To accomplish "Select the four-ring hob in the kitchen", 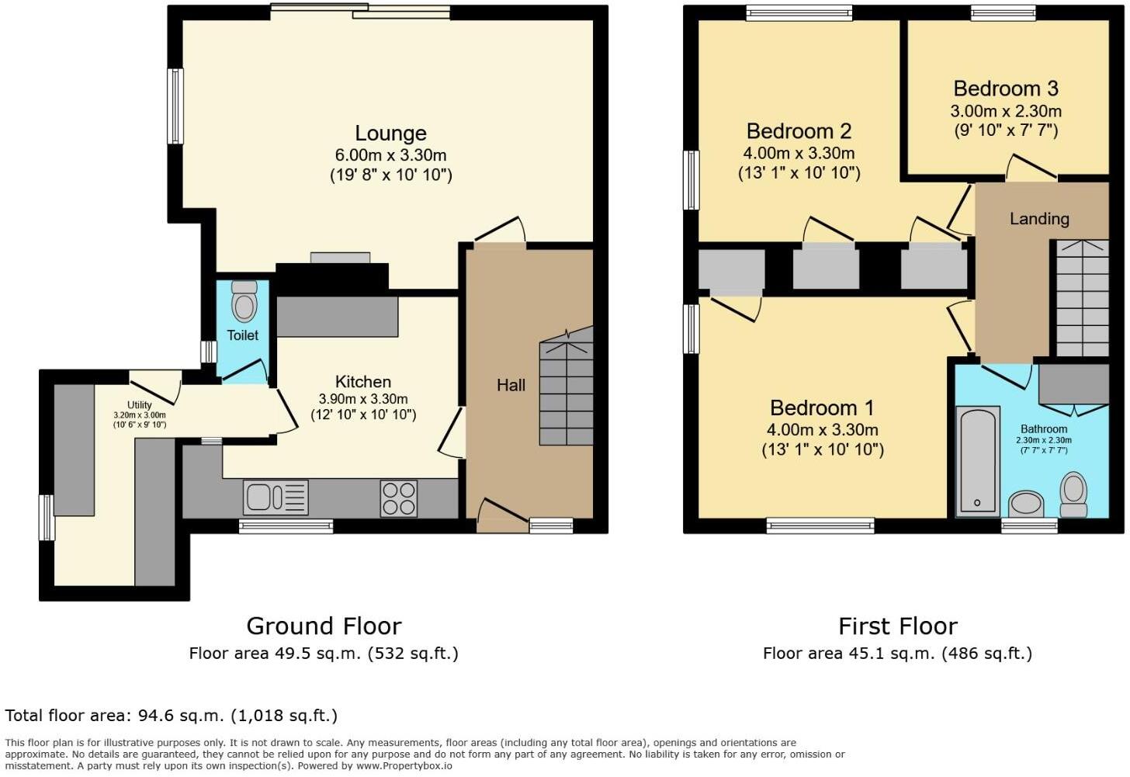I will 399,498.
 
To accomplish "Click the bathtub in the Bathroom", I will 977,462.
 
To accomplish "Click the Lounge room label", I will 390,134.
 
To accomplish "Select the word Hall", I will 511,385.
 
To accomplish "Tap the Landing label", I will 1039,219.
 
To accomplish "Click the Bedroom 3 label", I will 1006,88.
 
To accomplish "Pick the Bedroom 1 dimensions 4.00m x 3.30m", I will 823,430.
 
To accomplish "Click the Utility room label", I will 140,404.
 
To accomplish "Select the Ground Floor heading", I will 324,626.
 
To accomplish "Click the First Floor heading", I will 898,626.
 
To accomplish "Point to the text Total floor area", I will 69,715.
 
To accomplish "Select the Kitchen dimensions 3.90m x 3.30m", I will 363,399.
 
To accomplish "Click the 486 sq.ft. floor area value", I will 986,654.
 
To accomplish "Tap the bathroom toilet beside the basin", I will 1074,494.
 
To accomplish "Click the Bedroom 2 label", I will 799,131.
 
